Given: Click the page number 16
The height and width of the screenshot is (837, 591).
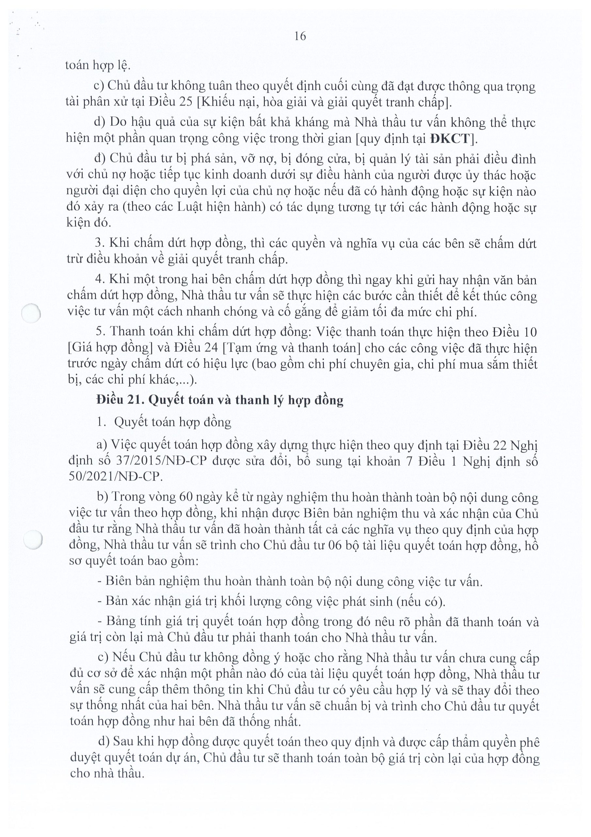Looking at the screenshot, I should point(300,36).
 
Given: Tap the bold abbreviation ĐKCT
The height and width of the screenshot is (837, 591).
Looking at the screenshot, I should point(450,139).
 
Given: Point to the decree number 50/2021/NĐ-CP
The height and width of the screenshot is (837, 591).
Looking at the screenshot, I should point(116,477).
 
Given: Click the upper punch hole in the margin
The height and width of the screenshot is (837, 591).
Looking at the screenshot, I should point(31,313).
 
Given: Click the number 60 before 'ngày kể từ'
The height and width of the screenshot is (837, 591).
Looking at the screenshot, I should point(187,497).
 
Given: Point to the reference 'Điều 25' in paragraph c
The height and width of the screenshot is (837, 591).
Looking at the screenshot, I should point(171,102).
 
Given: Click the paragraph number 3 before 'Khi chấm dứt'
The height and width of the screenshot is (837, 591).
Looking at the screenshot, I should point(99,243).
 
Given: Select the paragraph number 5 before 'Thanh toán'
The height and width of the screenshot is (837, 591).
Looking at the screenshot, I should point(99,332).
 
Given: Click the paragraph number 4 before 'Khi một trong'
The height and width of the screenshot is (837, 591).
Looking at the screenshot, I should point(99,280).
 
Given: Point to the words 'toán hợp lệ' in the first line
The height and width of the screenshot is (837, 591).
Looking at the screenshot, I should point(97,66).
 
